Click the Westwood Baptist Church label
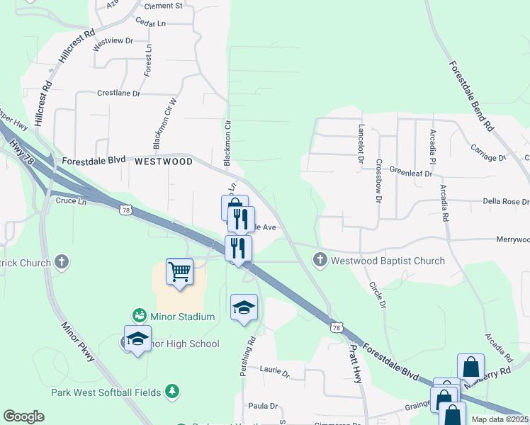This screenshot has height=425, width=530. tap(388, 261)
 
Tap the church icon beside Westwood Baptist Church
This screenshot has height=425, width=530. tap(320, 261)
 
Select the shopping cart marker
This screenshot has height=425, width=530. tap(180, 271)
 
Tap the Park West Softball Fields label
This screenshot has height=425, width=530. tap(106, 392)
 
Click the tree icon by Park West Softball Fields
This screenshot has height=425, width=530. tap(171, 391)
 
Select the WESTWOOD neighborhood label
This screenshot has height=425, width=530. tap(164, 161)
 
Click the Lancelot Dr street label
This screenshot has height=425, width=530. tap(361, 144)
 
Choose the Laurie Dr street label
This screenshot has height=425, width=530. tap(275, 370)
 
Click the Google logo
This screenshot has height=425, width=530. tap(23, 416)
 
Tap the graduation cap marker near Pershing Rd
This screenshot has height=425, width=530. tap(244, 307)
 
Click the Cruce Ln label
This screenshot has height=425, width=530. tap(70, 202)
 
